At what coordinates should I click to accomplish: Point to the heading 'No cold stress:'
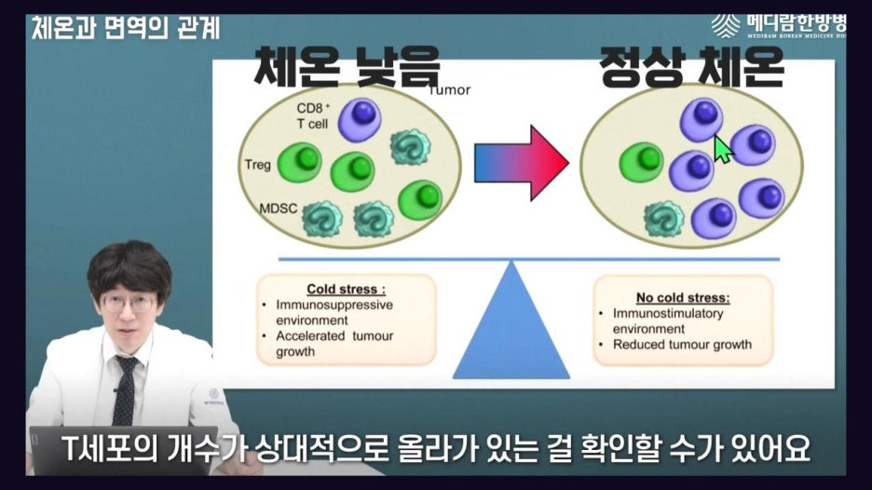point(683,298)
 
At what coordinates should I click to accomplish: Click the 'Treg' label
point(257,166)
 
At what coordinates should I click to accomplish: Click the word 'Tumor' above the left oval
point(449,90)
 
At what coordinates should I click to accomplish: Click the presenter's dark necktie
point(124,387)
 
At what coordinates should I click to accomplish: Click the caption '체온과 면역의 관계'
point(126,27)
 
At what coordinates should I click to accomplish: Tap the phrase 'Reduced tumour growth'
point(681,344)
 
